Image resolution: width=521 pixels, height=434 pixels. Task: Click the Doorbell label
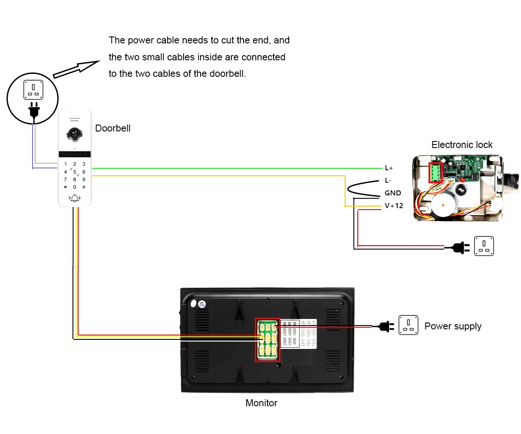(113, 128)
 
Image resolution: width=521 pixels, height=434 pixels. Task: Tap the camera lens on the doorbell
(75, 134)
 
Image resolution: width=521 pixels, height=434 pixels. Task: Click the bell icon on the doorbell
(75, 198)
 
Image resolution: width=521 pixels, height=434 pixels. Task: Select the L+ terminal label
(389, 168)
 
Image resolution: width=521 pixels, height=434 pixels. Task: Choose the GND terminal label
(392, 193)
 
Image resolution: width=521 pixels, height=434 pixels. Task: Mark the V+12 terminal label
(394, 206)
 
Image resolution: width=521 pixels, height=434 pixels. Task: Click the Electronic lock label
(462, 145)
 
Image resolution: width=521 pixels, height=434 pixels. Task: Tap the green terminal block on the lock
(435, 173)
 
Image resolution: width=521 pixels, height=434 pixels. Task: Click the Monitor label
(261, 403)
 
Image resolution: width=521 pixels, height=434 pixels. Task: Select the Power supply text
(453, 326)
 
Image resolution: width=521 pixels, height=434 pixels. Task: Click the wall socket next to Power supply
(408, 325)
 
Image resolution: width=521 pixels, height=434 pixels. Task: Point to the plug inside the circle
(33, 110)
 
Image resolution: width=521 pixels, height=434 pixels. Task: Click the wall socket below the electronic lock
(484, 246)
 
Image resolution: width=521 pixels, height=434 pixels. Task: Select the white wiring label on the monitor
(299, 333)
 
